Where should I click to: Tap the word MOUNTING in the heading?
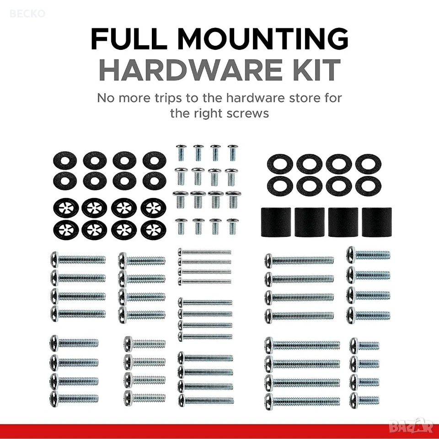(x=263, y=39)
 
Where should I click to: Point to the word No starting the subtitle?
(x=106, y=98)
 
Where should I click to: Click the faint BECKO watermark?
(x=27, y=13)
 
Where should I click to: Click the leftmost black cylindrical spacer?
(x=276, y=222)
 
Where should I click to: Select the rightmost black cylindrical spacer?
(x=377, y=222)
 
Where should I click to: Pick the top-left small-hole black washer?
(x=65, y=161)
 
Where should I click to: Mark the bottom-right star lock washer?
(x=154, y=230)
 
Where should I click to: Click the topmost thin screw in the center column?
(x=205, y=252)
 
